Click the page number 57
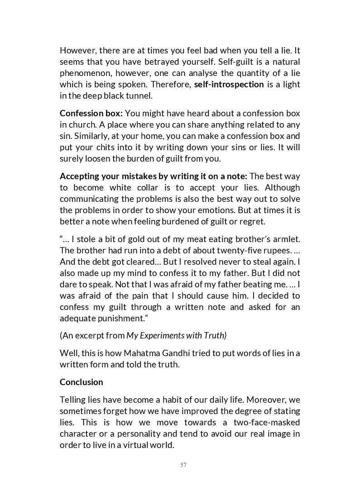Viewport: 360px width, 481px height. tap(183, 465)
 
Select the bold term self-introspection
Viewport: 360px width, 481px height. tap(229, 84)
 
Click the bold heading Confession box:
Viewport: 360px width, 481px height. tap(91, 113)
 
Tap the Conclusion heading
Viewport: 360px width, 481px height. tap(82, 382)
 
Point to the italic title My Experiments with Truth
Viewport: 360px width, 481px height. tap(176, 335)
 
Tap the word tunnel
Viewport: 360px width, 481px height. tap(139, 95)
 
